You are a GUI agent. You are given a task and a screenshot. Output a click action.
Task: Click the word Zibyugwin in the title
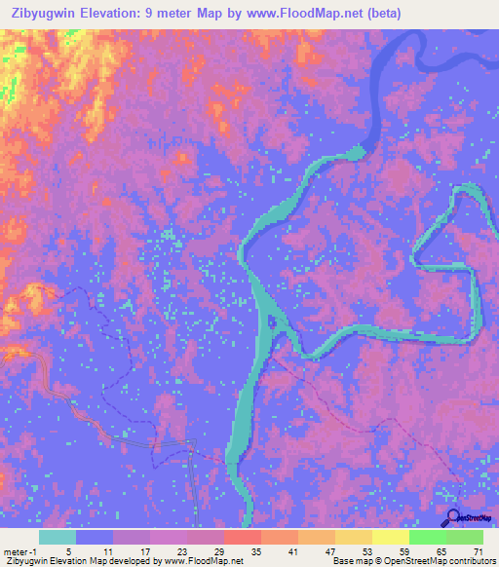point(44,13)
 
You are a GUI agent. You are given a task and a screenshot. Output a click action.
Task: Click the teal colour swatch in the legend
point(58,537)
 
